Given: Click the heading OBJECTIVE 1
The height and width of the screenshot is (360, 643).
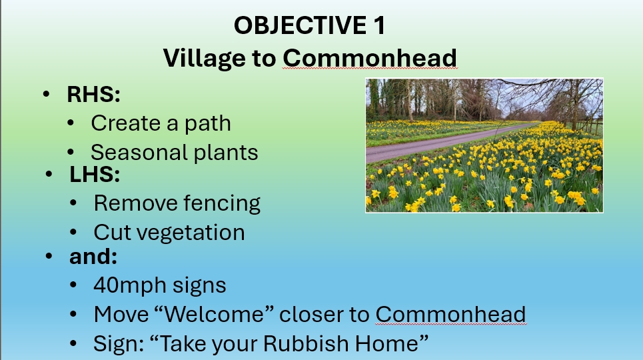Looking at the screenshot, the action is coord(310,25).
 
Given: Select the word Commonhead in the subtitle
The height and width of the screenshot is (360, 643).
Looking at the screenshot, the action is coord(370,58).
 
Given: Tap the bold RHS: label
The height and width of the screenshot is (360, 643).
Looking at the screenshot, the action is coord(93,95).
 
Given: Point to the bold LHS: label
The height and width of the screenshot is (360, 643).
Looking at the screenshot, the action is coord(95,175).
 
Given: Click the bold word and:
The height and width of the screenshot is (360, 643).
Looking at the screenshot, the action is coord(93,257).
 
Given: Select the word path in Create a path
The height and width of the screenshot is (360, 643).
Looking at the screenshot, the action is coord(207,123).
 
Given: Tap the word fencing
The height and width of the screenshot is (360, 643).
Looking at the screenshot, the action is coord(221,203).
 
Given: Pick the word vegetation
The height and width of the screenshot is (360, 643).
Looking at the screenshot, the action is coord(191,233).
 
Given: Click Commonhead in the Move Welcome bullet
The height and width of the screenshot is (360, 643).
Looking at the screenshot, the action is coord(450,315).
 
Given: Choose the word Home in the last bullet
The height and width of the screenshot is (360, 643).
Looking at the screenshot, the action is coord(392,343).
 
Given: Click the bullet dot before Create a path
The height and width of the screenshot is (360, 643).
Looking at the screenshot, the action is coord(71,123).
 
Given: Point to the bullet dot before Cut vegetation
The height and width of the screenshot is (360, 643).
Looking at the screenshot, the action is coord(73,233).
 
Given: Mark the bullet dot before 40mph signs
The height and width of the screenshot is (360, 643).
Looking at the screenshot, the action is coord(73,285).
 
